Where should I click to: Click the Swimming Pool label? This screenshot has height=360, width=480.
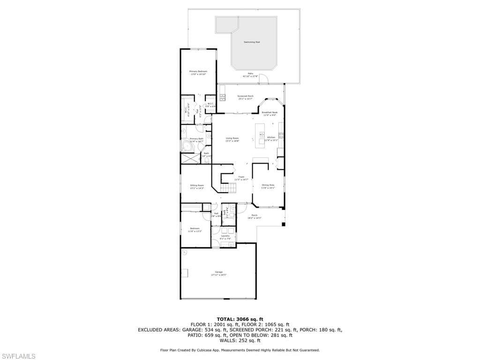pyautogui.click(x=252, y=42)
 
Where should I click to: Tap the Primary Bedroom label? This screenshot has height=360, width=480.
pyautogui.click(x=198, y=73)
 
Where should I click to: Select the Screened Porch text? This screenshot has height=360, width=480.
pyautogui.click(x=245, y=97)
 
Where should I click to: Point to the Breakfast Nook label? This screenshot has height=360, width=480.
pyautogui.click(x=270, y=113)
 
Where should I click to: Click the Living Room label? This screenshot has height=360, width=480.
pyautogui.click(x=232, y=139)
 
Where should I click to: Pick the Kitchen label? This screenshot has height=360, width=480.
pyautogui.click(x=271, y=138)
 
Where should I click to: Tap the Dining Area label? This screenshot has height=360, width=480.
pyautogui.click(x=268, y=186)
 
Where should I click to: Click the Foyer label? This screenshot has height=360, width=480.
pyautogui.click(x=241, y=178)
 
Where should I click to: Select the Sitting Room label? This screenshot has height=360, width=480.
pyautogui.click(x=197, y=186)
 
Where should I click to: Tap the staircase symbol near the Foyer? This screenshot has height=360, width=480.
pyautogui.click(x=230, y=188)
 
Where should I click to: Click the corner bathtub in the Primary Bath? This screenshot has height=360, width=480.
pyautogui.click(x=188, y=146)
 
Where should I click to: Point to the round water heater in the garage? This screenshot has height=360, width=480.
pyautogui.click(x=185, y=252)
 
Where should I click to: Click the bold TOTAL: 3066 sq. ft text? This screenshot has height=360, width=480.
pyautogui.click(x=240, y=319)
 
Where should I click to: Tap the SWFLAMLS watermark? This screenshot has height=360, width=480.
pyautogui.click(x=18, y=356)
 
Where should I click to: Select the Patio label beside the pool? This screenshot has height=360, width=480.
pyautogui.click(x=250, y=75)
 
